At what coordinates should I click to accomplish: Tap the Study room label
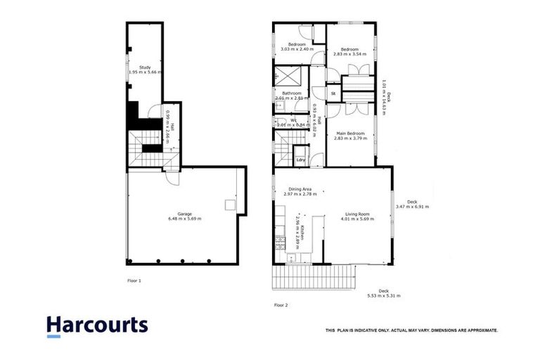coord(145,67)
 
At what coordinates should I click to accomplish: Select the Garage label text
coord(184,213)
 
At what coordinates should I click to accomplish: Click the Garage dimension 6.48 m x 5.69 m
coord(184,219)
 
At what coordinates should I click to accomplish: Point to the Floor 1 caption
coord(134,281)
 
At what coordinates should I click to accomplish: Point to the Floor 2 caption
coord(281,305)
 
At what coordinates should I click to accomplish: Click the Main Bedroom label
coord(350,134)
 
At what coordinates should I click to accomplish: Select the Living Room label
coord(357,213)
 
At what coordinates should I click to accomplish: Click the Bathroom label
coord(292,94)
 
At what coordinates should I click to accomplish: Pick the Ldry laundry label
coord(301,160)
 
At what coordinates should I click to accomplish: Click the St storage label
coord(333,93)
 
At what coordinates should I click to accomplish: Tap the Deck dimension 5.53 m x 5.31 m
coord(383,296)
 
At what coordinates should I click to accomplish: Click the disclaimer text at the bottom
coord(411,330)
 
